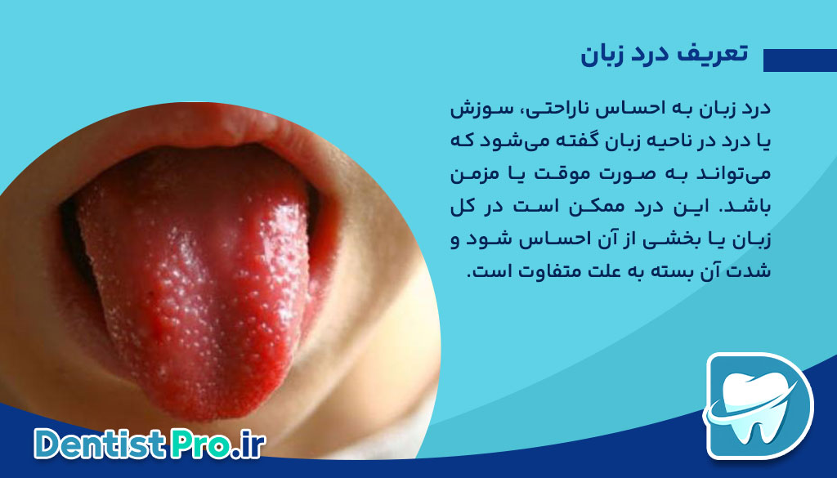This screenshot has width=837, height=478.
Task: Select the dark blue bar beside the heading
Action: click(x=799, y=60)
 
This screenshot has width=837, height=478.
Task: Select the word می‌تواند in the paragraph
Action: click(x=740, y=174)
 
